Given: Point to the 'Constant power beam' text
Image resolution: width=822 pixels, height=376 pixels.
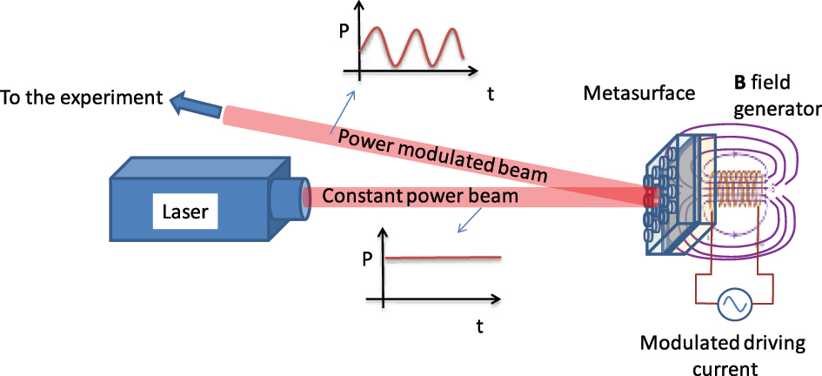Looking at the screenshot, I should (420, 197).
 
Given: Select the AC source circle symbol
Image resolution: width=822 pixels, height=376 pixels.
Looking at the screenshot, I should (732, 304).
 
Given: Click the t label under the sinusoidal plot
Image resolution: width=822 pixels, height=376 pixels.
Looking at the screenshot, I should (489, 94).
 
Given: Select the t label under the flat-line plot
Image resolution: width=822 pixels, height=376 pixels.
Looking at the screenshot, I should (479, 326).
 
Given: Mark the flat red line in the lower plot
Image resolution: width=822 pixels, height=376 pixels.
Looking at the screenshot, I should (443, 258).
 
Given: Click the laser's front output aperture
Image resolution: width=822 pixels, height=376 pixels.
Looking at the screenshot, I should (293, 198).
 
